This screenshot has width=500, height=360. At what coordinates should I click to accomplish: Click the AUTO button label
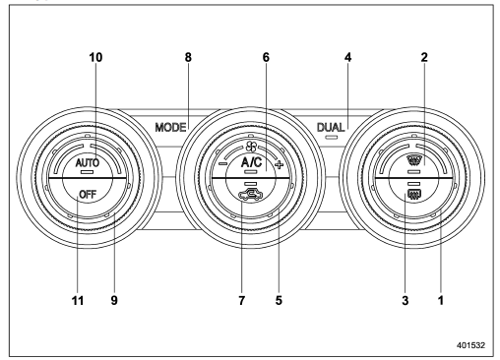pyautogui.click(x=88, y=162)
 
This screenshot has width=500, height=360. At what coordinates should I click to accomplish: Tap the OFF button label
pyautogui.click(x=88, y=195)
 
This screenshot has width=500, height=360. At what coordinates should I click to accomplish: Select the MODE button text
pyautogui.click(x=170, y=127)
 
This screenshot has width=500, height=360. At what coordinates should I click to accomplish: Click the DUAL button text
pyautogui.click(x=331, y=127)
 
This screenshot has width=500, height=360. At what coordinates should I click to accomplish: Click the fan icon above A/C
pyautogui.click(x=251, y=148)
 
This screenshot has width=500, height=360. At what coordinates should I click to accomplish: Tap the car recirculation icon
pyautogui.click(x=250, y=195)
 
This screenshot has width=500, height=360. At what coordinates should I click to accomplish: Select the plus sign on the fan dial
pyautogui.click(x=279, y=164)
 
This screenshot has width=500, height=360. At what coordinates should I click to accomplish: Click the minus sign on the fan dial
pyautogui.click(x=222, y=163)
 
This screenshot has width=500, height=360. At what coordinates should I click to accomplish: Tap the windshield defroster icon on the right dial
pyautogui.click(x=414, y=161)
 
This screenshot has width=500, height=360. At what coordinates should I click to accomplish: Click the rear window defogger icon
pyautogui.click(x=414, y=195)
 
